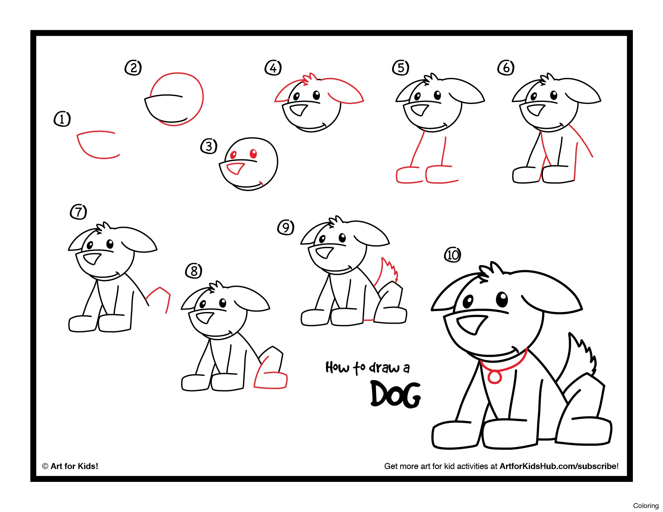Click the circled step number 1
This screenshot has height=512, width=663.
click(62, 119)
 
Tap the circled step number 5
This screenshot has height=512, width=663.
click(400, 67)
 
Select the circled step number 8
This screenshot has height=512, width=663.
click(194, 271)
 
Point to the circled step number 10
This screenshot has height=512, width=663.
click(452, 255)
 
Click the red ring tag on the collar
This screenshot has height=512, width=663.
click(494, 377)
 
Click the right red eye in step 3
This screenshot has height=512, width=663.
click(253, 153)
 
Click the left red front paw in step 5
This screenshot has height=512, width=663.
click(409, 175)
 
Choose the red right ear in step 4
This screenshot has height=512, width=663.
click(345, 91)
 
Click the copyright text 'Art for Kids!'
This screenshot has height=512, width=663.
click(74, 466)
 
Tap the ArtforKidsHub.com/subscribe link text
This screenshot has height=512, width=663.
click(558, 466)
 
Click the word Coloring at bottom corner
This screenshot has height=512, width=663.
click(645, 506)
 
